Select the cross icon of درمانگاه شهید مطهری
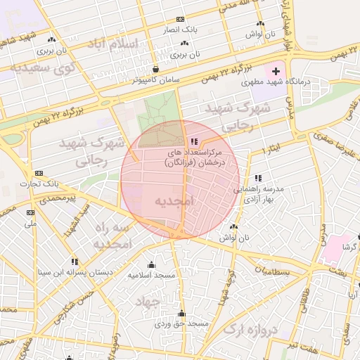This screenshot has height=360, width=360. [x=276, y=71]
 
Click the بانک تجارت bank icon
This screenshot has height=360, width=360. [x=39, y=173]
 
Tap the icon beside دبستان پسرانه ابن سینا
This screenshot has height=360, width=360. [x=75, y=262]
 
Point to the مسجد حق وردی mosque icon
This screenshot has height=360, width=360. [x=182, y=314]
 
